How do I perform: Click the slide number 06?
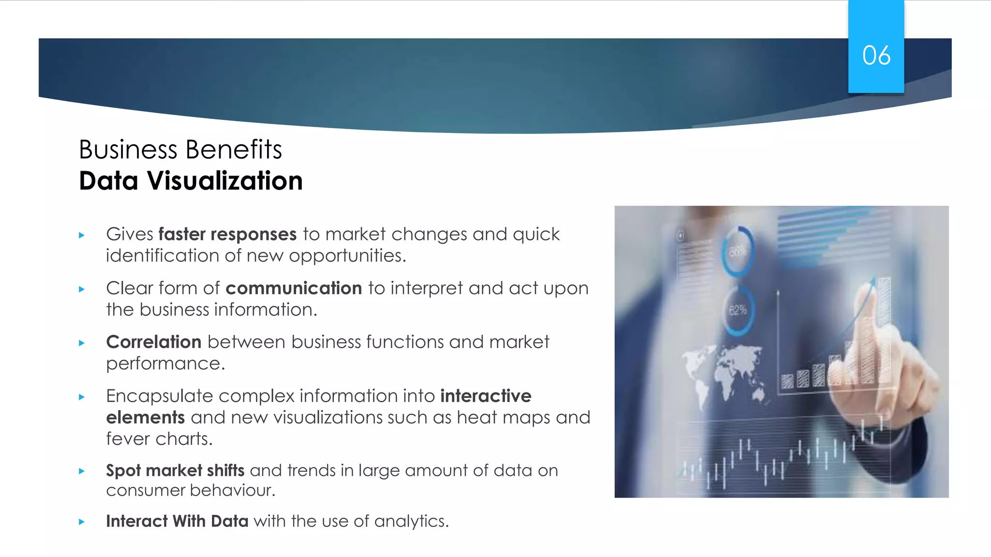point(876,55)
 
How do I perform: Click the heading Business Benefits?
point(180,149)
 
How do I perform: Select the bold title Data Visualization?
point(191,181)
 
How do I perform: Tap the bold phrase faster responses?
point(227,235)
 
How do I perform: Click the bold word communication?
point(294,288)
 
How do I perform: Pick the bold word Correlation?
point(153,342)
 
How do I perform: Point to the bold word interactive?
point(485,396)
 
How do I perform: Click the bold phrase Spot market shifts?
point(175,470)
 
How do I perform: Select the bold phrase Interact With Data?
point(177,521)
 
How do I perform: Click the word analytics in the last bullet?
point(411,521)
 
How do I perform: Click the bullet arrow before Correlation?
point(82,343)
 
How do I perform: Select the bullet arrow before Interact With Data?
point(82,522)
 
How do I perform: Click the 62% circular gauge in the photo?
point(737,310)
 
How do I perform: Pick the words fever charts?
point(159,439)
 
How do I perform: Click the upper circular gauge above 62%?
point(737,251)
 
